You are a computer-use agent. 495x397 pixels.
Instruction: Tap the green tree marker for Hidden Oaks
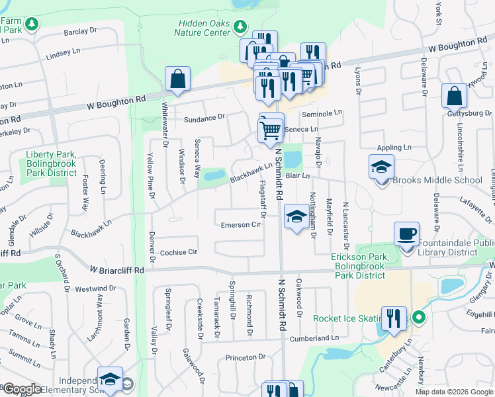coord(241,27)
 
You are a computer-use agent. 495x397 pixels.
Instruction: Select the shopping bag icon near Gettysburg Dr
coord(455,97)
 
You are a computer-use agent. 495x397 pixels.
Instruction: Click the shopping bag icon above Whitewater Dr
coord(178,79)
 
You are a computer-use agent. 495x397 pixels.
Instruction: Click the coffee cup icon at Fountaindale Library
coord(406,234)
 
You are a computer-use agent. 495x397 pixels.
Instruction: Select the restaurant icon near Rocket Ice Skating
coord(394,318)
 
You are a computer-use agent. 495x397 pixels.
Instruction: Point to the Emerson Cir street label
coord(241,224)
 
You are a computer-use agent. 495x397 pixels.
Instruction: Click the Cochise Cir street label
coord(179,253)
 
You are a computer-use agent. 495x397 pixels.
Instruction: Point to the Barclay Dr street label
coord(81,32)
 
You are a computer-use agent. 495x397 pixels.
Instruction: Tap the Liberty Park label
coord(52,159)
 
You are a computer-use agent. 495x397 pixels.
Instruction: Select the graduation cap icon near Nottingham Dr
coord(295,216)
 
